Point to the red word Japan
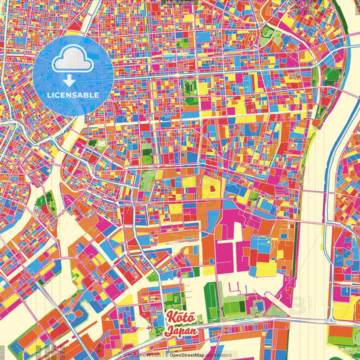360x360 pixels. pyautogui.click(x=180, y=332)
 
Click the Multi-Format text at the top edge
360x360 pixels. pyautogui.click(x=180, y=3)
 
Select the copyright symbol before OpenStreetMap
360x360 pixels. pyautogui.click(x=167, y=354)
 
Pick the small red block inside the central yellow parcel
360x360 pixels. pyautogui.click(x=209, y=185)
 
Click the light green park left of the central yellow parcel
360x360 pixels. pyautogui.click(x=148, y=180)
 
